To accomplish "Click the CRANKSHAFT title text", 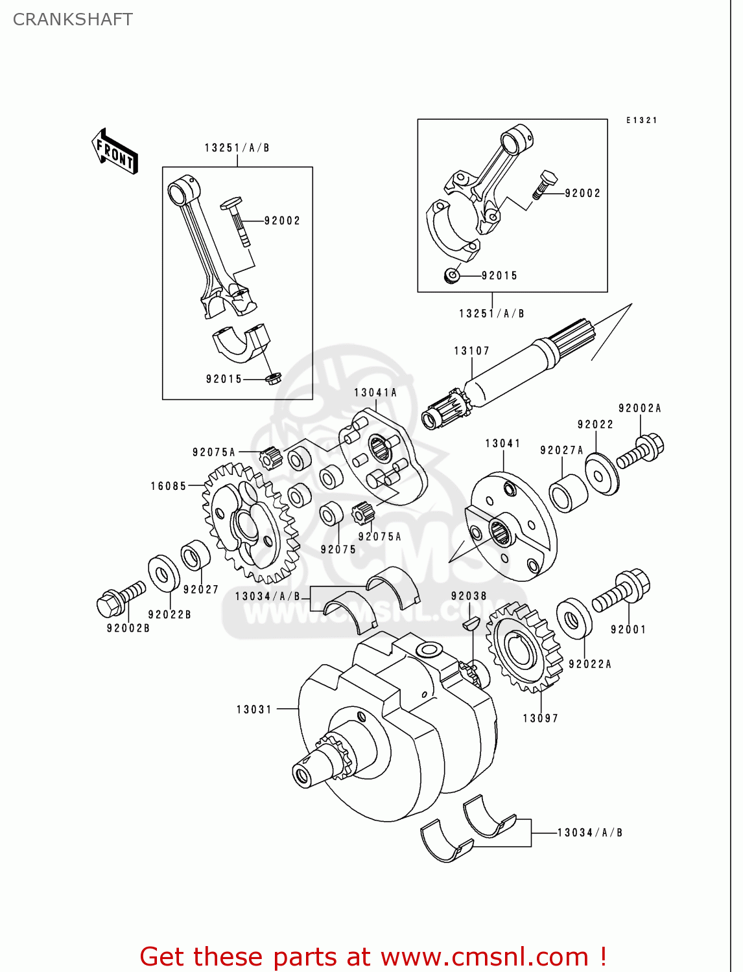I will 73,19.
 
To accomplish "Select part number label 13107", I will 471,351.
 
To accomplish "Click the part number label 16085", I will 169,486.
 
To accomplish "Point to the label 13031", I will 254,710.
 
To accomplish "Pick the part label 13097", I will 540,718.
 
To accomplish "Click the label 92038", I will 469,596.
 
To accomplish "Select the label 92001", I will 628,629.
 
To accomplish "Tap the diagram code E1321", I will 642,121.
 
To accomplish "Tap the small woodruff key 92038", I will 471,623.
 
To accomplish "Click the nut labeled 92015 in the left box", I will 273,378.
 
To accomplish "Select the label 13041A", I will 375,393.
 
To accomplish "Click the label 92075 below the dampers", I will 338,550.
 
